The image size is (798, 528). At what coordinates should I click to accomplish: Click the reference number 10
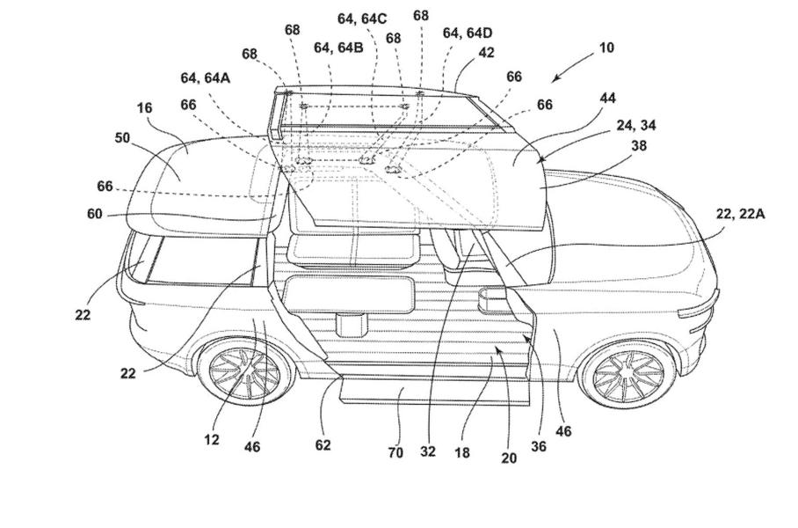tap(606, 48)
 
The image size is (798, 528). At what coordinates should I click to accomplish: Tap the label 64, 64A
tap(206, 77)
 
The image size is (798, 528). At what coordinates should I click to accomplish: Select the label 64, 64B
tap(338, 48)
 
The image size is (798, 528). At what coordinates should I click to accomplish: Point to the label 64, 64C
tap(362, 18)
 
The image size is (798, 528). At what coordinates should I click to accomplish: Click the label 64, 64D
tap(468, 33)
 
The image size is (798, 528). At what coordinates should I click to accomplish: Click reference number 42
tap(486, 53)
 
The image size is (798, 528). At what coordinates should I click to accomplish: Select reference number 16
tap(145, 108)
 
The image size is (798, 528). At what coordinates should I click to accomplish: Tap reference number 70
tap(395, 452)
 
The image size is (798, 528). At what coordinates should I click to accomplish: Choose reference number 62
tap(323, 445)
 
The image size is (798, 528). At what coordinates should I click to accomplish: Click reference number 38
tap(639, 145)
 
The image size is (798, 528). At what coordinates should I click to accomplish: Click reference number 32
tap(428, 452)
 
